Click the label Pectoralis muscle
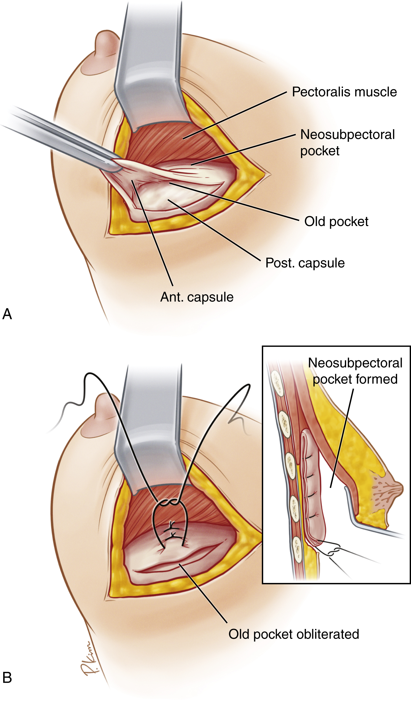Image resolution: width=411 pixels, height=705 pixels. point(344,92)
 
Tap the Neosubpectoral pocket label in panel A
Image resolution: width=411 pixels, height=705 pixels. point(347,142)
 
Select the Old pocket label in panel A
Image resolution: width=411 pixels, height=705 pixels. point(336,222)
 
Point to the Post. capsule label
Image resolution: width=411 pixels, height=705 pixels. point(305,263)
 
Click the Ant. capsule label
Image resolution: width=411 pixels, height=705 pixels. point(197,297)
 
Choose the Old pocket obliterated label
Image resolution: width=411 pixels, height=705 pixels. point(294,634)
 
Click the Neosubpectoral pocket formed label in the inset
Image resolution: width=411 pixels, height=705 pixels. point(355,371)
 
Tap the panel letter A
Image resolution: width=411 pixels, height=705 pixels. point(7,314)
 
